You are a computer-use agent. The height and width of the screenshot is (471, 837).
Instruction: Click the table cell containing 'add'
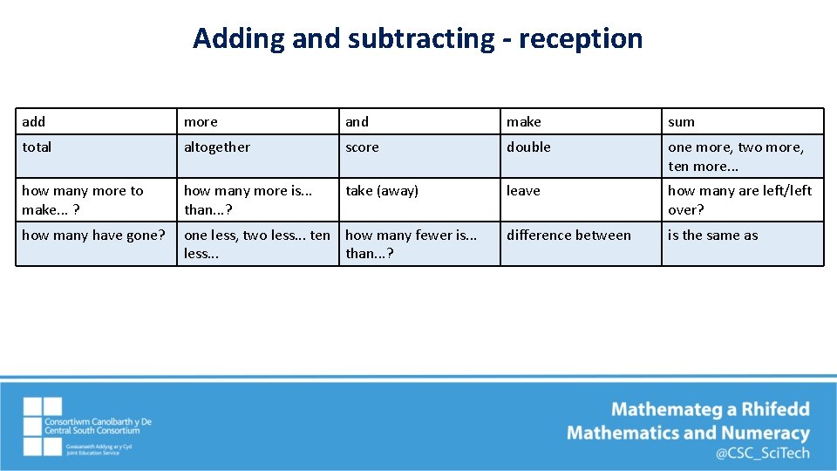coord(97,121)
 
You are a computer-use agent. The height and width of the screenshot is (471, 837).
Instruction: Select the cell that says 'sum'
coord(742,121)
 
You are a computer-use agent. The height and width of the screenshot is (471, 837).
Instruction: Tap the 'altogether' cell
coord(258,156)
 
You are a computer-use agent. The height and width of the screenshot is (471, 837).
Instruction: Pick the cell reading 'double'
coord(581,156)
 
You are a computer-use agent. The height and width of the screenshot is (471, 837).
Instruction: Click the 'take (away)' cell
coord(419,200)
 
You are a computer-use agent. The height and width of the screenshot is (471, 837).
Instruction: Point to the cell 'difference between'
coord(581,243)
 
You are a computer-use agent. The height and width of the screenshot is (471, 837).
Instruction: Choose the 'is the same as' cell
coord(742,243)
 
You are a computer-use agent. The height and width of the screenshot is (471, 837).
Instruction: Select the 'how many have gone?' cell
coord(97,243)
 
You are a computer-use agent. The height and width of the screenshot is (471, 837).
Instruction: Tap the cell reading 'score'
coord(419,156)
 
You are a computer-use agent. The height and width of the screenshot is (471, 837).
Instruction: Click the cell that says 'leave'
coord(581,200)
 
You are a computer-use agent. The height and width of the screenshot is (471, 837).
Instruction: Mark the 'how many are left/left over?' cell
coord(742,200)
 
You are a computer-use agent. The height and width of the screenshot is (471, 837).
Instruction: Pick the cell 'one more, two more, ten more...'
coord(742,156)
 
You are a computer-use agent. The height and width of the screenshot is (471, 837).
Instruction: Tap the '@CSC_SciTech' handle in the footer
coord(762,453)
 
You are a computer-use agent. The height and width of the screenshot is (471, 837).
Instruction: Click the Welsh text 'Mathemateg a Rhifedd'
coord(710,409)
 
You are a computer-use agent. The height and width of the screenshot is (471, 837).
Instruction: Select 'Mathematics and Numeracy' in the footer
coord(688,433)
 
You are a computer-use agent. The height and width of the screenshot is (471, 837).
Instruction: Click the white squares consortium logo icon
coord(43,427)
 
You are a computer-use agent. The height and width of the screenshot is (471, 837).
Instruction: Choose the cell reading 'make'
coord(581,121)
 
